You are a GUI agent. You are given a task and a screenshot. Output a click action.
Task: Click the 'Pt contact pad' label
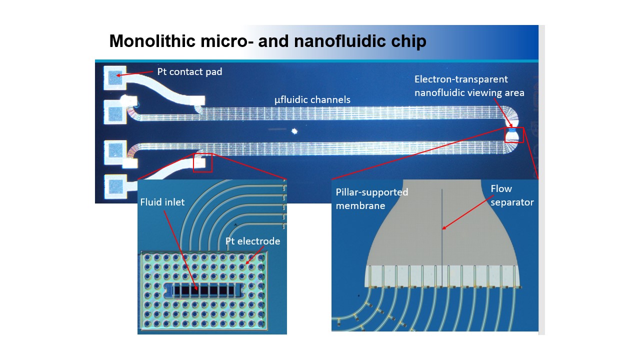189,72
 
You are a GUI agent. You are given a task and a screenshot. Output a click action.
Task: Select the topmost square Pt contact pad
115,78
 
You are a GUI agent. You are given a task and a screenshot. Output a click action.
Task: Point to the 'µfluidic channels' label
312,100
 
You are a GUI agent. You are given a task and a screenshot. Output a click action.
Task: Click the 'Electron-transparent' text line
461,79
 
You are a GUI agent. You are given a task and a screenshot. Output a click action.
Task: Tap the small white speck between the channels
294,131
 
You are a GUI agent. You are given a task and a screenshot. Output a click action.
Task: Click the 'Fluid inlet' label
162,202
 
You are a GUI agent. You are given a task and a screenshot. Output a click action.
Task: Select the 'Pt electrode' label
252,241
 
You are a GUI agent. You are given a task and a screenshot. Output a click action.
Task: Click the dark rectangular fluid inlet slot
205,289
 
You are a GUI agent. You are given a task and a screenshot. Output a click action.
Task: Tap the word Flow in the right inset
501,189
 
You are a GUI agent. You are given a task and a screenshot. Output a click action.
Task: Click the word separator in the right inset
512,202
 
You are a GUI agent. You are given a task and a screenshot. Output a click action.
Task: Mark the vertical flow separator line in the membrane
442,240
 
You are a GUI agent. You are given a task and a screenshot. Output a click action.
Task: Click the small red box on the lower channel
202,162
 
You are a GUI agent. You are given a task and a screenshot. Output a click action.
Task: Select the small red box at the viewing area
514,135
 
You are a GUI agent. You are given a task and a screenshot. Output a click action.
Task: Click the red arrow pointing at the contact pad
135,74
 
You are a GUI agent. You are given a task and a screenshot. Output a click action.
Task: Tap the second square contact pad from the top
115,112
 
